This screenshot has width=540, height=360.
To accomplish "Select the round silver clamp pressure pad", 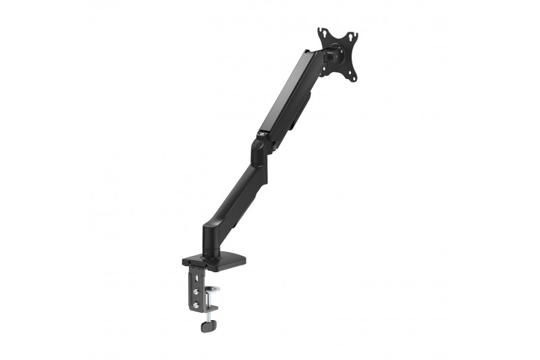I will coord(212,289).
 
